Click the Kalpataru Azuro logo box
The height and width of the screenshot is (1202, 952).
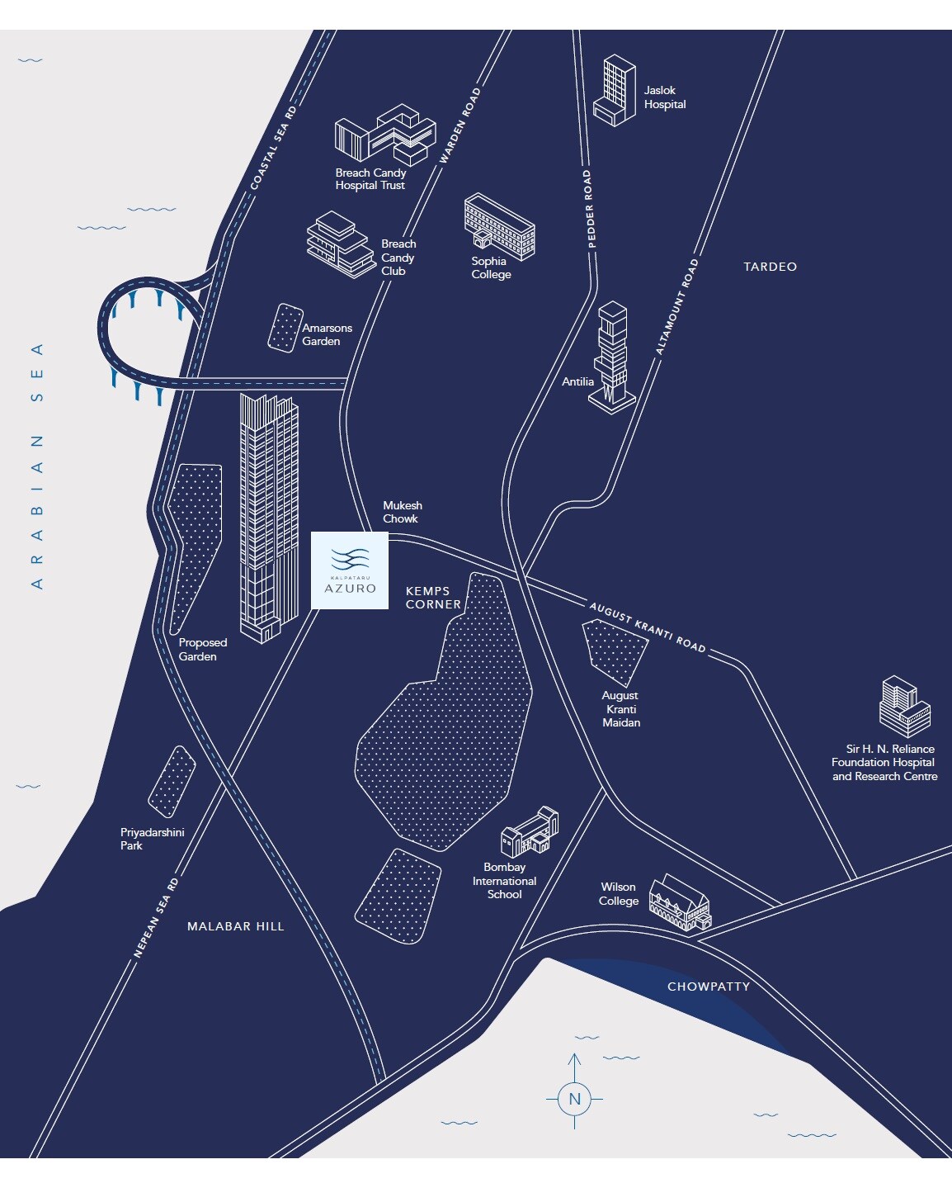pyautogui.click(x=349, y=571)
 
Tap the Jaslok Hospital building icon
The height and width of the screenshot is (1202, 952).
pyautogui.click(x=615, y=91)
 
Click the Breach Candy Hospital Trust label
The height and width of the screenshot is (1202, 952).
pyautogui.click(x=370, y=179)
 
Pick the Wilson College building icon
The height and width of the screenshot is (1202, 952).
pyautogui.click(x=680, y=903)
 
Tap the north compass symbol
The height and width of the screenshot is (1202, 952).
pyautogui.click(x=574, y=1099)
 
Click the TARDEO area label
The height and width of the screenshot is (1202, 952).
pyautogui.click(x=770, y=267)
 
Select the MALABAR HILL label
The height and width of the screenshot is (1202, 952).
pyautogui.click(x=235, y=926)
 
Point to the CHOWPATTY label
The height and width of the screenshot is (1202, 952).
pyautogui.click(x=709, y=987)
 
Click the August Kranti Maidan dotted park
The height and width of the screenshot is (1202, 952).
pyautogui.click(x=615, y=651)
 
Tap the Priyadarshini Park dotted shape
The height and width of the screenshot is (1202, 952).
pyautogui.click(x=172, y=781)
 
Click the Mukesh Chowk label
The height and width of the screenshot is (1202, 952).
pyautogui.click(x=402, y=512)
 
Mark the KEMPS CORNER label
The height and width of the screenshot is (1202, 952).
pyautogui.click(x=433, y=598)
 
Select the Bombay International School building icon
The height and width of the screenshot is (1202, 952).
pyautogui.click(x=530, y=832)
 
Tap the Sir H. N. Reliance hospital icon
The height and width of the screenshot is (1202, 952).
pyautogui.click(x=904, y=707)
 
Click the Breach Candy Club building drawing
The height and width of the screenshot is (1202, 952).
pyautogui.click(x=338, y=244)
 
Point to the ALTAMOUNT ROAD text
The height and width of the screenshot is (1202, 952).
pyautogui.click(x=677, y=307)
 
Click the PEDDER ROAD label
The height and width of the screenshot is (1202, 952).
pyautogui.click(x=589, y=209)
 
